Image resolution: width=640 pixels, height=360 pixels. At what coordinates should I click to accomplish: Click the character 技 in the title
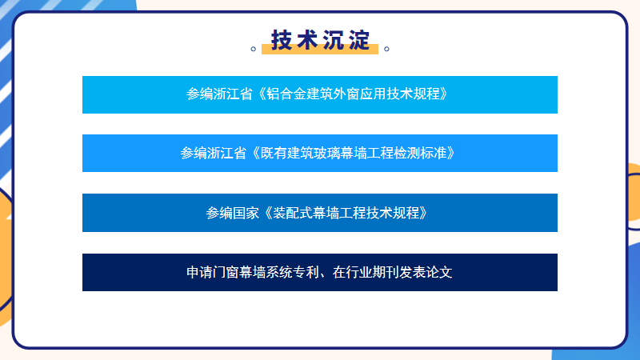click(x=282, y=40)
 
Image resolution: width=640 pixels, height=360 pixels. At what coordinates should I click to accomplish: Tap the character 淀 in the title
click(x=359, y=40)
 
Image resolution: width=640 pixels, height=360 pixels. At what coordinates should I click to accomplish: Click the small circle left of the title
click(x=253, y=49)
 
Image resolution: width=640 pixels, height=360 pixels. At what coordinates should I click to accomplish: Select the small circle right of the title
click(x=386, y=49)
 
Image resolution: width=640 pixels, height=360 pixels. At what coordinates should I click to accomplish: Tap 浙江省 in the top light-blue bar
click(x=233, y=94)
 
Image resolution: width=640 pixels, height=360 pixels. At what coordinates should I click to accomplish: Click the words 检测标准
click(x=421, y=154)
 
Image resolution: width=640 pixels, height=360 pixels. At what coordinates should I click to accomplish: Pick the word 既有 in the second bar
click(x=274, y=154)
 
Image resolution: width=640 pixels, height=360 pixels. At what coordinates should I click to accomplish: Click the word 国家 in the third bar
click(x=246, y=213)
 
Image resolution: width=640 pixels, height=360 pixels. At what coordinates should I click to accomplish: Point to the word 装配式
click(x=293, y=213)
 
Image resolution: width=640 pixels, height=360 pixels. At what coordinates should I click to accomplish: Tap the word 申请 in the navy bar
click(x=199, y=272)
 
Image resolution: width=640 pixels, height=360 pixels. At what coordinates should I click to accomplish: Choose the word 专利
click(x=306, y=272)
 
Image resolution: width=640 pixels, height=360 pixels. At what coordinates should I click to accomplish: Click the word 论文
click(x=439, y=272)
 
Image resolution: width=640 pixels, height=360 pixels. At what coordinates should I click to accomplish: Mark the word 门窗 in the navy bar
click(x=226, y=272)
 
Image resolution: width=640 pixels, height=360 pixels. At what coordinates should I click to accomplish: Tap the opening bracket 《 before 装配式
click(x=268, y=213)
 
